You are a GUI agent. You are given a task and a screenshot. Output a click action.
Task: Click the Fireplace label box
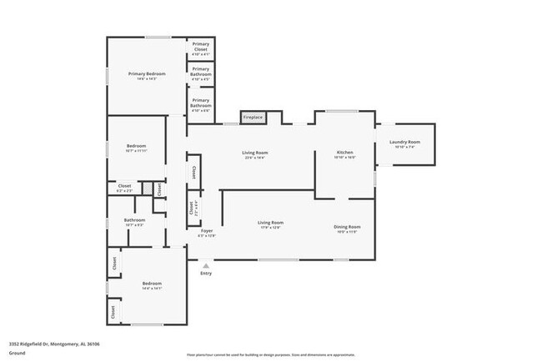(253, 118)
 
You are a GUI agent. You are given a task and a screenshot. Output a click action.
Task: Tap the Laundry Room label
(405, 143)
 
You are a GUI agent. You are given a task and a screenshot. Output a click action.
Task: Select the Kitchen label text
(345, 153)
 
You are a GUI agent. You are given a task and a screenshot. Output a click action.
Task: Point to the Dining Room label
(347, 227)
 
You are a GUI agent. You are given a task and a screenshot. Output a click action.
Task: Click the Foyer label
(206, 230)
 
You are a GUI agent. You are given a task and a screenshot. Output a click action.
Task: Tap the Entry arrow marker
(206, 264)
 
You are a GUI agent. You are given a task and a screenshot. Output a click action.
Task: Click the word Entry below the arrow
(206, 274)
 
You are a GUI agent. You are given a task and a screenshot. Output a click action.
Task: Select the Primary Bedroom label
(147, 74)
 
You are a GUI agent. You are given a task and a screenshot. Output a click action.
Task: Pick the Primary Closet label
(200, 47)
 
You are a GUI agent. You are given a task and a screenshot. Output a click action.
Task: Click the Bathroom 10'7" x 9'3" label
(135, 223)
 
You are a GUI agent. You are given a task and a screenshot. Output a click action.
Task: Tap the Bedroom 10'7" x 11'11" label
(135, 148)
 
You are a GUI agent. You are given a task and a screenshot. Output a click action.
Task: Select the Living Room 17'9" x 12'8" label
(270, 224)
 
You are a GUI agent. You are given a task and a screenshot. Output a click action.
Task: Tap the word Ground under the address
(17, 352)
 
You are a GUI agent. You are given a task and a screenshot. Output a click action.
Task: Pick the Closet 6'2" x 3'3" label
(124, 188)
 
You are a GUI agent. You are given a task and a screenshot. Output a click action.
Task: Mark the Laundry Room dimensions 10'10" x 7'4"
(405, 148)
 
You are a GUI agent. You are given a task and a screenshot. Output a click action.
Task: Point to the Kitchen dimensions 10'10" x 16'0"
(345, 158)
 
